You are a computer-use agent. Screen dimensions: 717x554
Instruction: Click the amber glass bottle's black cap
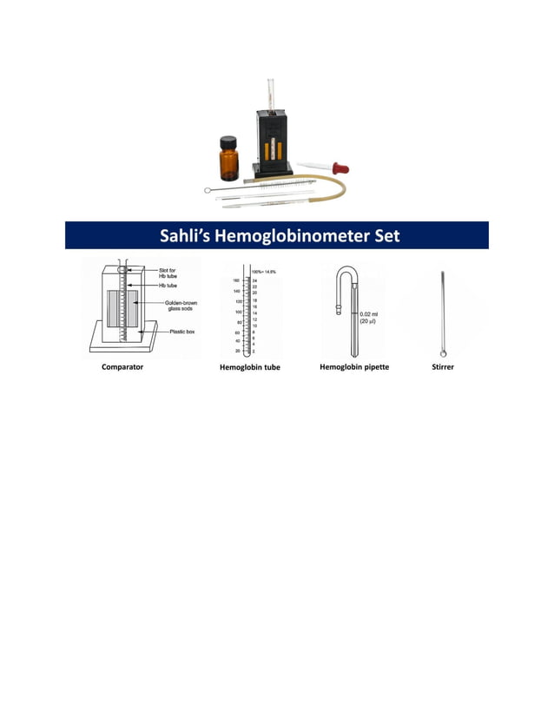pyautogui.click(x=228, y=141)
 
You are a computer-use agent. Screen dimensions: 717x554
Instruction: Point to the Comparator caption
pyautogui.click(x=122, y=367)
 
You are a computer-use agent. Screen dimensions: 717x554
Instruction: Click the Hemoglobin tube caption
pyautogui.click(x=251, y=367)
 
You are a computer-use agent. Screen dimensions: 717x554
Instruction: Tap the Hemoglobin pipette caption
pyautogui.click(x=354, y=367)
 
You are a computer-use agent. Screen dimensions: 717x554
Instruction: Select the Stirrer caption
pyautogui.click(x=443, y=367)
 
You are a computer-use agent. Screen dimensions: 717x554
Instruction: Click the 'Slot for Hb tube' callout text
pyautogui.click(x=168, y=273)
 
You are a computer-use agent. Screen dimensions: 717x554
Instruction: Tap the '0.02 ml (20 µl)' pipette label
pyautogui.click(x=368, y=318)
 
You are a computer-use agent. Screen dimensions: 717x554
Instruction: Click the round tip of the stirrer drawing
pyautogui.click(x=444, y=353)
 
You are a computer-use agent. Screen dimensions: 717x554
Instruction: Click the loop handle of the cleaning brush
pyautogui.click(x=208, y=190)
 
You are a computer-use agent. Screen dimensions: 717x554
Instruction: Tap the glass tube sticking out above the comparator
pyautogui.click(x=269, y=92)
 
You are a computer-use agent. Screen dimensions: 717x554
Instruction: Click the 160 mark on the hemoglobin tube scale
pyautogui.click(x=236, y=281)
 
